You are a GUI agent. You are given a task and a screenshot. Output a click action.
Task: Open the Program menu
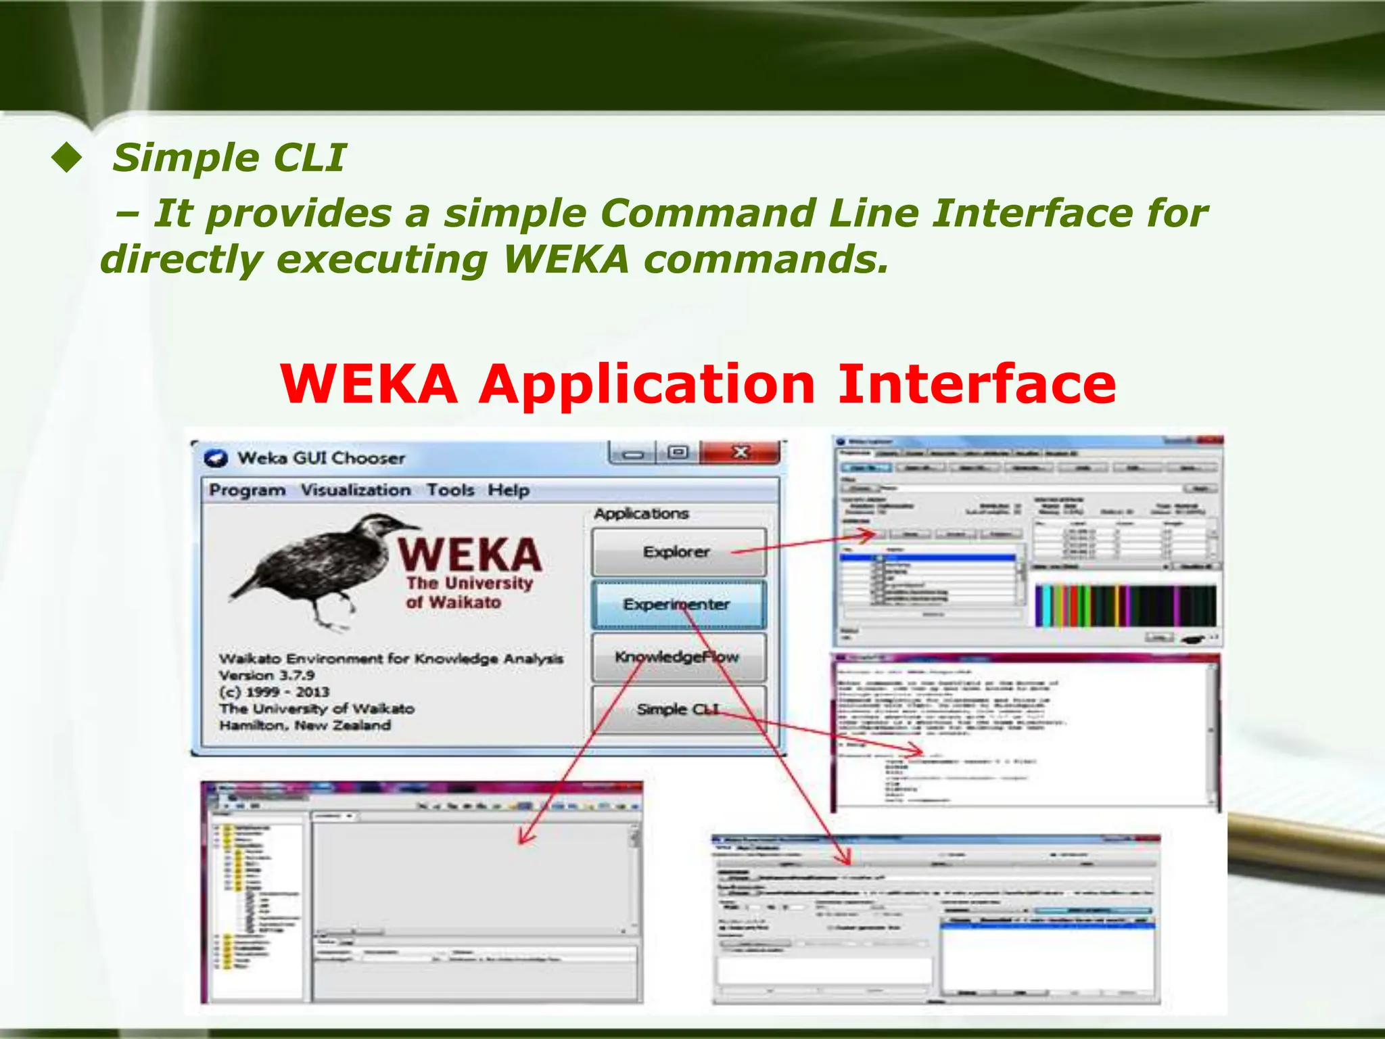247,490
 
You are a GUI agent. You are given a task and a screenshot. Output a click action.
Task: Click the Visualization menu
356,490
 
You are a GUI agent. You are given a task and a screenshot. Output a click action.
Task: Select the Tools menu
450,490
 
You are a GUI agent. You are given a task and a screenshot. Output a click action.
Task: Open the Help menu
509,490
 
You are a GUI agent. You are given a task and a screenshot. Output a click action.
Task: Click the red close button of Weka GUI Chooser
741,453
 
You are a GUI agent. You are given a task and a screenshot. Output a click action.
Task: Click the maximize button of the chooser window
678,453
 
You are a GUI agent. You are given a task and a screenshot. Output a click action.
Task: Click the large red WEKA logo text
469,555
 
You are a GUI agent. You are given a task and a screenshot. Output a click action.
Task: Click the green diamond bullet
66,158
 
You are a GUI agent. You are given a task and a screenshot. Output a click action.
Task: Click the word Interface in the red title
977,384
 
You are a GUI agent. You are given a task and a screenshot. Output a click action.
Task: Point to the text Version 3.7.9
266,675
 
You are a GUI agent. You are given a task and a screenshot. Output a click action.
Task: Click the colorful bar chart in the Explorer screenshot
1125,605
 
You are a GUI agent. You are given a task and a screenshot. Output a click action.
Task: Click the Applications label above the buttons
641,514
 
